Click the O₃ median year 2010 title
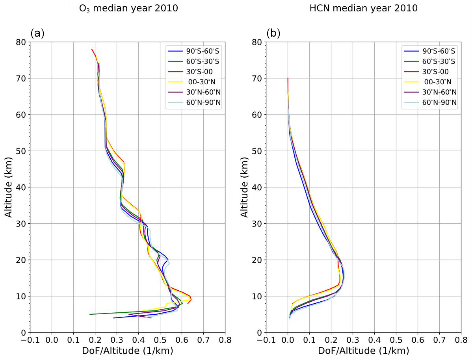pyautogui.click(x=128, y=8)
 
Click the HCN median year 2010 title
pyautogui.click(x=363, y=8)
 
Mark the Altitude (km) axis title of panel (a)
pyautogui.click(x=9, y=187)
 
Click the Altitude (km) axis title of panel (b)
pyautogui.click(x=245, y=187)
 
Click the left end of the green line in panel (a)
pyautogui.click(x=90, y=314)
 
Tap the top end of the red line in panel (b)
pyautogui.click(x=288, y=78)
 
